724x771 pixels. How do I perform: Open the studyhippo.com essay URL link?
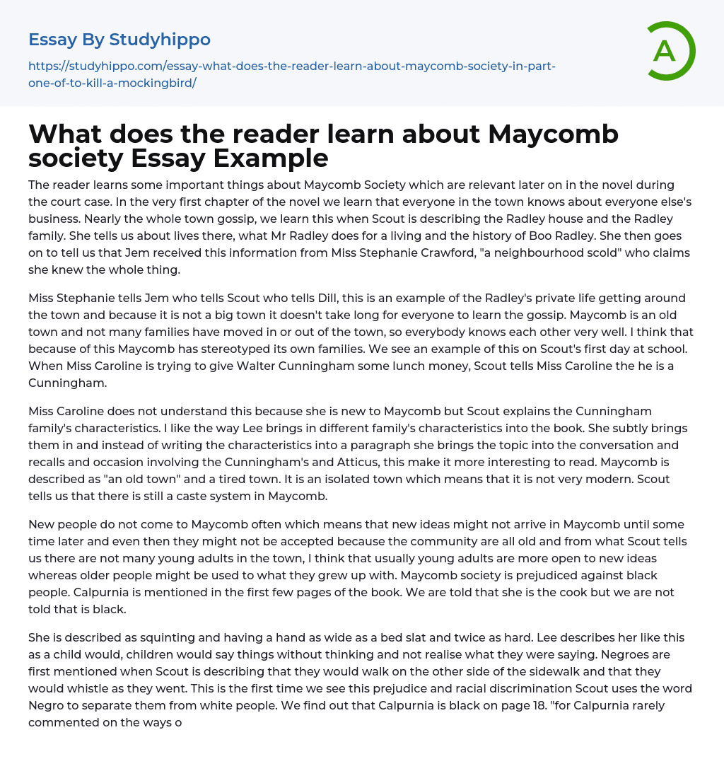tap(291, 74)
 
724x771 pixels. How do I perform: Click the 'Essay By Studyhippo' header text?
tap(119, 39)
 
